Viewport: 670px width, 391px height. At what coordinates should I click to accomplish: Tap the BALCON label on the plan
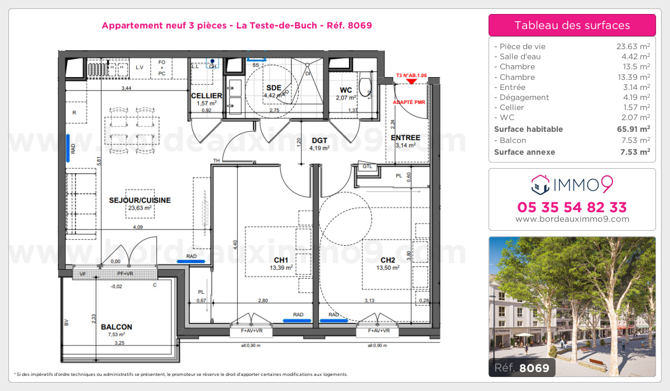(117, 327)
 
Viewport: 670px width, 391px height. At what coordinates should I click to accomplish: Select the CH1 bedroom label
(281, 260)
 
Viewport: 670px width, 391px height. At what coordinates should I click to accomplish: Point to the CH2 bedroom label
(387, 260)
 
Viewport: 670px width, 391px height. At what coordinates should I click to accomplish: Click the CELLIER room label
(207, 96)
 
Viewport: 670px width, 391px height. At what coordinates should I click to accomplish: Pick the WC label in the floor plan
(346, 90)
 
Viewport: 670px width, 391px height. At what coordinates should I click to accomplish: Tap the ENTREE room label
(405, 137)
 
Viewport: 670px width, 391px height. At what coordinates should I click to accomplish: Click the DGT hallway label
(319, 140)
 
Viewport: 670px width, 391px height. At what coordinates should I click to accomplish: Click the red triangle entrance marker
(411, 82)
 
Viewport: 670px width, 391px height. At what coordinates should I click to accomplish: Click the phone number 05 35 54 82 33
(572, 207)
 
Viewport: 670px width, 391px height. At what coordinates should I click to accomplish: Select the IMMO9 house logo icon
(539, 182)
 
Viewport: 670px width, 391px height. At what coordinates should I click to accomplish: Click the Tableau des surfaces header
(572, 25)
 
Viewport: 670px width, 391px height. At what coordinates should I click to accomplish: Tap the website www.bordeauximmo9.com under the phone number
(572, 220)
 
